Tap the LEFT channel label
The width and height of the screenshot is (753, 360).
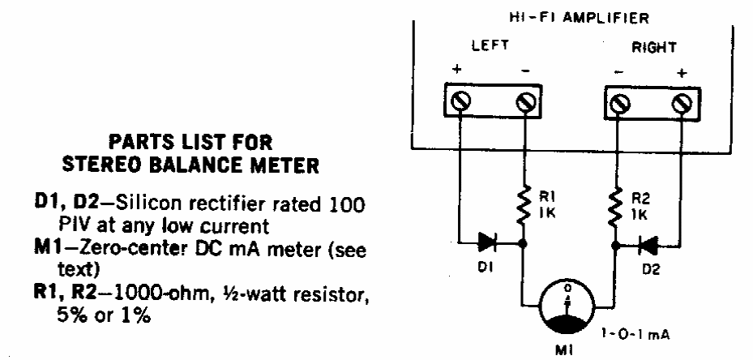[490, 47]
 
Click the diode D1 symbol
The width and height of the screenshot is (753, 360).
[490, 241]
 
